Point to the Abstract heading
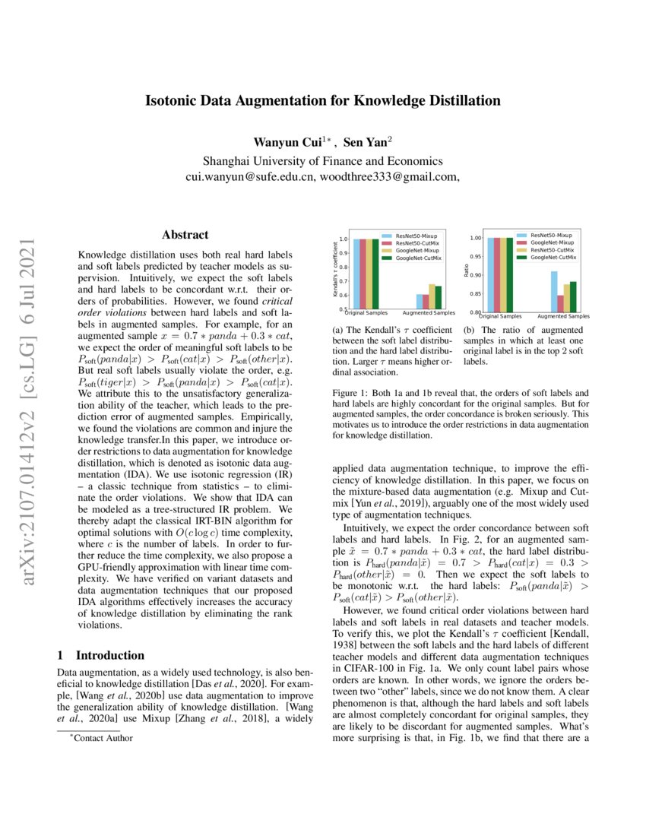point(185,236)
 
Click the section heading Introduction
point(110,655)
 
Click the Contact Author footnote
point(99,738)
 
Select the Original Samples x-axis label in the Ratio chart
point(500,315)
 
